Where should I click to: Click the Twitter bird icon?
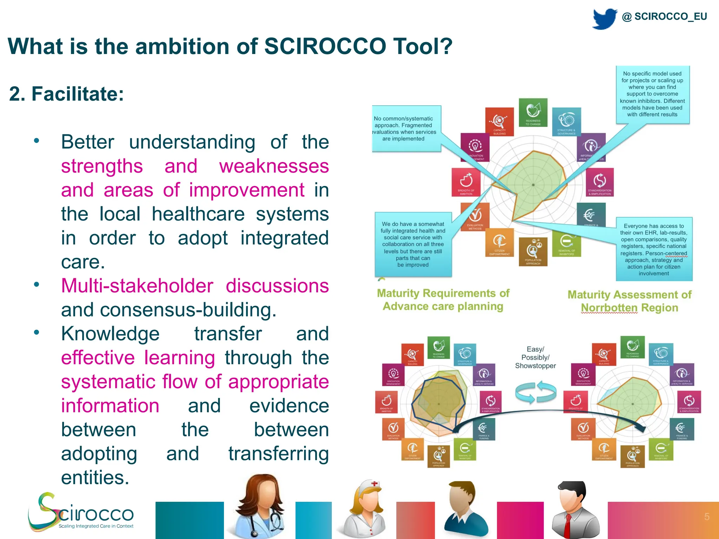click(605, 18)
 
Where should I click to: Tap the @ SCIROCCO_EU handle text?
click(664, 16)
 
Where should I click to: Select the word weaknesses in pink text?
click(274, 166)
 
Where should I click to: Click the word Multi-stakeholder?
click(137, 286)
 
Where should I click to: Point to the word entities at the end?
click(95, 478)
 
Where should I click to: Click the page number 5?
click(707, 517)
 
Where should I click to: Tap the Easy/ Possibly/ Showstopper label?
click(535, 358)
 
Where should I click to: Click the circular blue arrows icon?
click(535, 392)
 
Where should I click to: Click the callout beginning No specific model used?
click(652, 94)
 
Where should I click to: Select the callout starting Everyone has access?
click(654, 249)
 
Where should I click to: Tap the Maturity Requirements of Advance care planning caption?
click(443, 300)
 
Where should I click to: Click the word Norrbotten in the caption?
click(609, 308)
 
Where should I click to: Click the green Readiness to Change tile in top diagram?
click(533, 113)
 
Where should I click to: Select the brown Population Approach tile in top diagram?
click(533, 252)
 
